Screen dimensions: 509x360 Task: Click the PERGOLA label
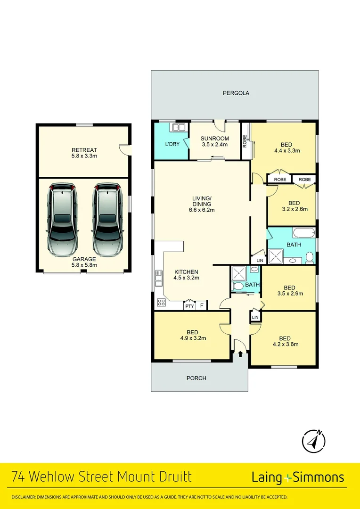(236, 93)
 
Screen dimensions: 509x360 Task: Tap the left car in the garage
(62, 219)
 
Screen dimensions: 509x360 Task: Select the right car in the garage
(107, 219)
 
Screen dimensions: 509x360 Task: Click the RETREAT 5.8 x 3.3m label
(84, 153)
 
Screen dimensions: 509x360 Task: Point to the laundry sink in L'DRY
(179, 127)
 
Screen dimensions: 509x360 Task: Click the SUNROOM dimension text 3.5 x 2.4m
(214, 145)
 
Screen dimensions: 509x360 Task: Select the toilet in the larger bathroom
(310, 257)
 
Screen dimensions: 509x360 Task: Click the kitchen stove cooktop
(161, 303)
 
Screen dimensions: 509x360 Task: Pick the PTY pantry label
(189, 306)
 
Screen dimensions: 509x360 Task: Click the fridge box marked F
(202, 306)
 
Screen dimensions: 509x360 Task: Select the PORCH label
(196, 378)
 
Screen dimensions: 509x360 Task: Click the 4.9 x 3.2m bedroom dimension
(192, 338)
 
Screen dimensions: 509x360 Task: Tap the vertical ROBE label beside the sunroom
(245, 141)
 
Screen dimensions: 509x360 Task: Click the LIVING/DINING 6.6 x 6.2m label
(201, 204)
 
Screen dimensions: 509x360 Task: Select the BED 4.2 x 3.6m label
(285, 341)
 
